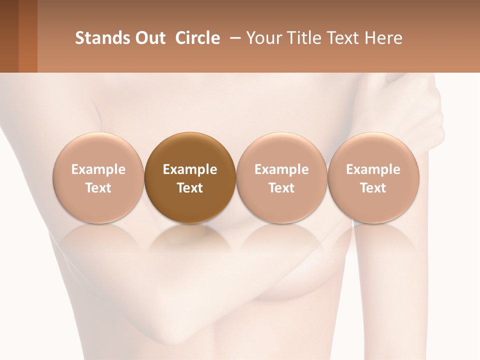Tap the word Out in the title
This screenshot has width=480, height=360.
(x=149, y=38)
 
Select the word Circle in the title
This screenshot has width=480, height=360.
(x=197, y=38)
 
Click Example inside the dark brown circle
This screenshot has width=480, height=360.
(x=190, y=169)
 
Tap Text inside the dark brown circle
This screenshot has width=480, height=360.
(x=190, y=188)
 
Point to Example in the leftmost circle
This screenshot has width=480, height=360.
(x=98, y=169)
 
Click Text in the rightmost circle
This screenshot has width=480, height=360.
(x=373, y=188)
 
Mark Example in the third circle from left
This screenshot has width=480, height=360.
(x=281, y=169)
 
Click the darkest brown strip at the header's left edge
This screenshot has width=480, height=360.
(x=9, y=36)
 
